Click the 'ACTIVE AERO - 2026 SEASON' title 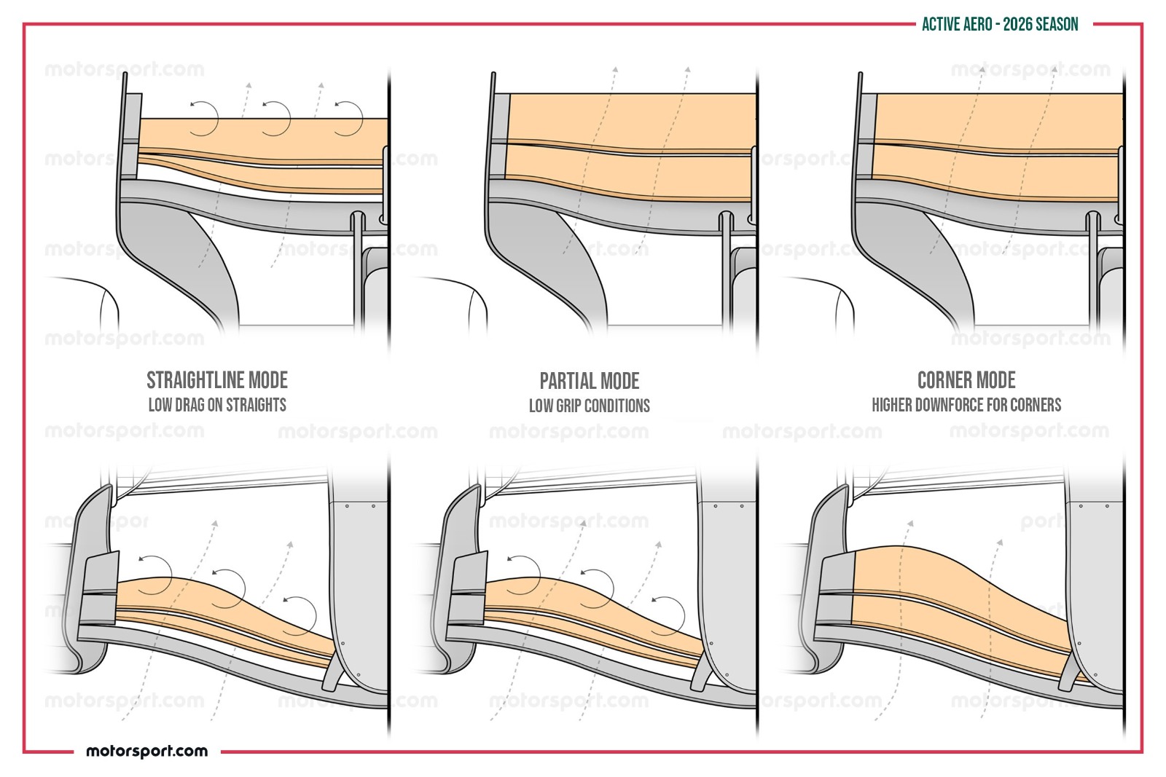(x=1000, y=25)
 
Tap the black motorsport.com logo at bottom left (x=146, y=751)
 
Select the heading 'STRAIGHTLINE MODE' (x=217, y=380)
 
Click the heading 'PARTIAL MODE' (x=590, y=382)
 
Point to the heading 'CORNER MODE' (x=966, y=380)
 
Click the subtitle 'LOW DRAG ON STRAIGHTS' (x=217, y=405)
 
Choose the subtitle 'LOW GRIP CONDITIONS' (x=590, y=406)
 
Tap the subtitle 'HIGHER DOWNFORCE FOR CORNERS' (x=966, y=405)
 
